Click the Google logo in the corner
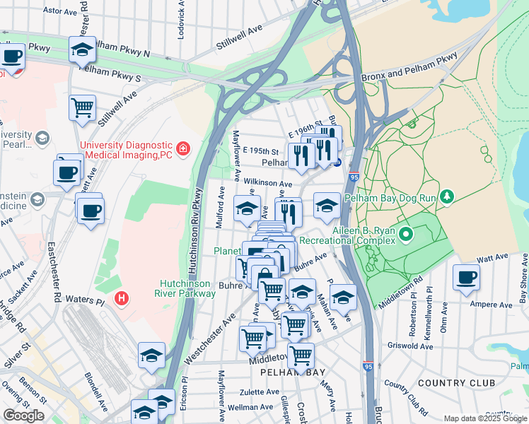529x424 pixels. tap(23, 416)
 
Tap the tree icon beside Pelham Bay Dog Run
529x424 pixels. tap(446, 196)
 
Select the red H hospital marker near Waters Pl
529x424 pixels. tap(122, 299)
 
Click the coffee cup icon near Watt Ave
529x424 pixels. tap(465, 278)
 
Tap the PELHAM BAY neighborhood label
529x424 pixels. tap(291, 371)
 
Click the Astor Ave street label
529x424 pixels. tap(59, 11)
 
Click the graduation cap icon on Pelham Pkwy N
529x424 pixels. tap(83, 49)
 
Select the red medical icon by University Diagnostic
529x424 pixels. tap(183, 148)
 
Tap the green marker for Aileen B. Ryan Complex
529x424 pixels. tap(406, 233)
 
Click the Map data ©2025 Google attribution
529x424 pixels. tap(485, 418)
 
